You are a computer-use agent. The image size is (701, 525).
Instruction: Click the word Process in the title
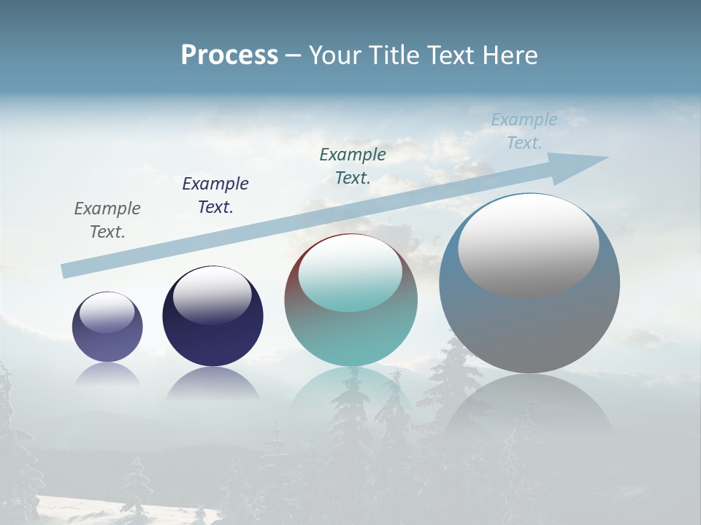click(229, 55)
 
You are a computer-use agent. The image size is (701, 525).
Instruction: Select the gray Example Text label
click(107, 219)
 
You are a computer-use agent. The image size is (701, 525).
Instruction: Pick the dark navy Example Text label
click(215, 195)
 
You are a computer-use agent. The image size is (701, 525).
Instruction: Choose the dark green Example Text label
click(353, 166)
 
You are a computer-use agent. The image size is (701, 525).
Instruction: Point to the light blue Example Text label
click(524, 131)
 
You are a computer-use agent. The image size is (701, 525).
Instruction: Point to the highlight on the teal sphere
click(350, 273)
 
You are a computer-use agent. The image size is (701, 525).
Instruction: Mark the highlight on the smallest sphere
click(107, 313)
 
